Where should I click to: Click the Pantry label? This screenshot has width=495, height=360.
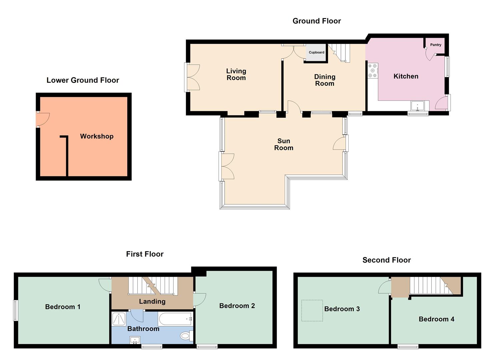[435, 45]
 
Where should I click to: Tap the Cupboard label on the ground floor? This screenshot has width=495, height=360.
[316, 52]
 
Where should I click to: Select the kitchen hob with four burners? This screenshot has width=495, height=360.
[373, 71]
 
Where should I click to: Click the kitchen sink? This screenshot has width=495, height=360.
[417, 106]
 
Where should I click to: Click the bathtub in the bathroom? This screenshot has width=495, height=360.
[175, 319]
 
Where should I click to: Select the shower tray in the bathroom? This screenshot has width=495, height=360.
[118, 319]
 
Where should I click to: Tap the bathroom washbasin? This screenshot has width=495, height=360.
[135, 340]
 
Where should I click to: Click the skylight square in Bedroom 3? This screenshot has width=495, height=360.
[312, 310]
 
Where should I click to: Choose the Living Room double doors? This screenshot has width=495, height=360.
[193, 77]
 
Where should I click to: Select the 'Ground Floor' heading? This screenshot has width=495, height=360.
[316, 21]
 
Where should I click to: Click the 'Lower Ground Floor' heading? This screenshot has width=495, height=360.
[83, 80]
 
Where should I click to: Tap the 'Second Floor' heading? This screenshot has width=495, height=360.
[386, 260]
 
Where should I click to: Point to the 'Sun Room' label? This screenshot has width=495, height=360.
[284, 144]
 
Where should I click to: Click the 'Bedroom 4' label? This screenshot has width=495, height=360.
[436, 319]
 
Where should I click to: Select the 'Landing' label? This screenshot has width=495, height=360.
[152, 301]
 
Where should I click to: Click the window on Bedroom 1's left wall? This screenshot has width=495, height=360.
[15, 311]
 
